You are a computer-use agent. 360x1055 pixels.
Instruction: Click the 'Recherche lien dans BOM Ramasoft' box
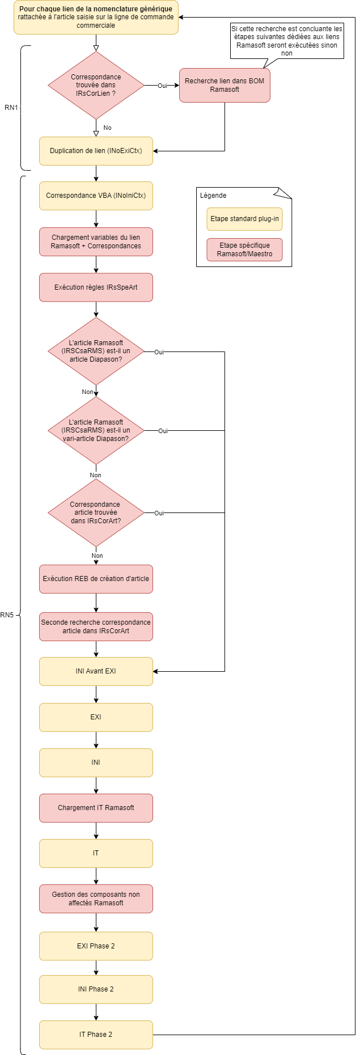coord(225,86)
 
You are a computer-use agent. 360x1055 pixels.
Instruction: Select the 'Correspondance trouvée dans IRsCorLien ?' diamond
coord(96,85)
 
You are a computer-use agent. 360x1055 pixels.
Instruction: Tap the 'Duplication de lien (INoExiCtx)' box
coord(96,151)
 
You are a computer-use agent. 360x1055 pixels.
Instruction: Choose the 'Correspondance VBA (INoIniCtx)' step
coord(96,196)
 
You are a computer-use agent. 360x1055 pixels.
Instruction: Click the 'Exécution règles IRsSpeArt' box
coord(96,287)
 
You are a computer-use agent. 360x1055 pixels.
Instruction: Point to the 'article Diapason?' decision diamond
coord(96,351)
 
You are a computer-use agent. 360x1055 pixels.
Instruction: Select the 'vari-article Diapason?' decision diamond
coord(96,431)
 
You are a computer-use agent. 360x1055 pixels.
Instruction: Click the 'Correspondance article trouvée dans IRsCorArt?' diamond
coord(96,512)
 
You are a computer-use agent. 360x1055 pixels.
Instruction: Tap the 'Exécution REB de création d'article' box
coord(96,579)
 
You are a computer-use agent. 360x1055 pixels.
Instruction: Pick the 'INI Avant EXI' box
coord(96,671)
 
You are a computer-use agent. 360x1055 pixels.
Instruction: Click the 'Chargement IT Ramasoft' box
coord(96,808)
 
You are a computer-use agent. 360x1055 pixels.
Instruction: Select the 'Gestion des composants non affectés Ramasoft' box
coord(96,899)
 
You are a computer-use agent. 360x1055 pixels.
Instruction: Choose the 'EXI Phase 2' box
coord(96,946)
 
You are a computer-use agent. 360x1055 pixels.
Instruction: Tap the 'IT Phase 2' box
coord(96,1035)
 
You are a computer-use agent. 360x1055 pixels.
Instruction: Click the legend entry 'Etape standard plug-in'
coord(244,219)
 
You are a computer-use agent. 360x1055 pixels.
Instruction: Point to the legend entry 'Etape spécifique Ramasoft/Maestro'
coord(244,249)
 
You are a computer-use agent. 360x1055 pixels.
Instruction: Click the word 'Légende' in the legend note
coord(213,196)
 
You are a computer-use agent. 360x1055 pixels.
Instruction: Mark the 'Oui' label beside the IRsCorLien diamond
coord(162,86)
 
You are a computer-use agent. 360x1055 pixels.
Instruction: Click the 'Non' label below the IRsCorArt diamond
coord(98,556)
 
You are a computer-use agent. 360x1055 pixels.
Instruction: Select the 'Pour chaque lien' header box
coord(96,18)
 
